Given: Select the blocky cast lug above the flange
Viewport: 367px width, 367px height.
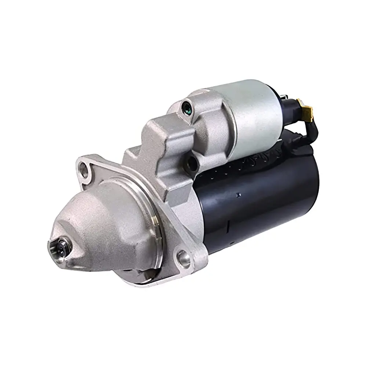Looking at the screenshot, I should tap(161, 143).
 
